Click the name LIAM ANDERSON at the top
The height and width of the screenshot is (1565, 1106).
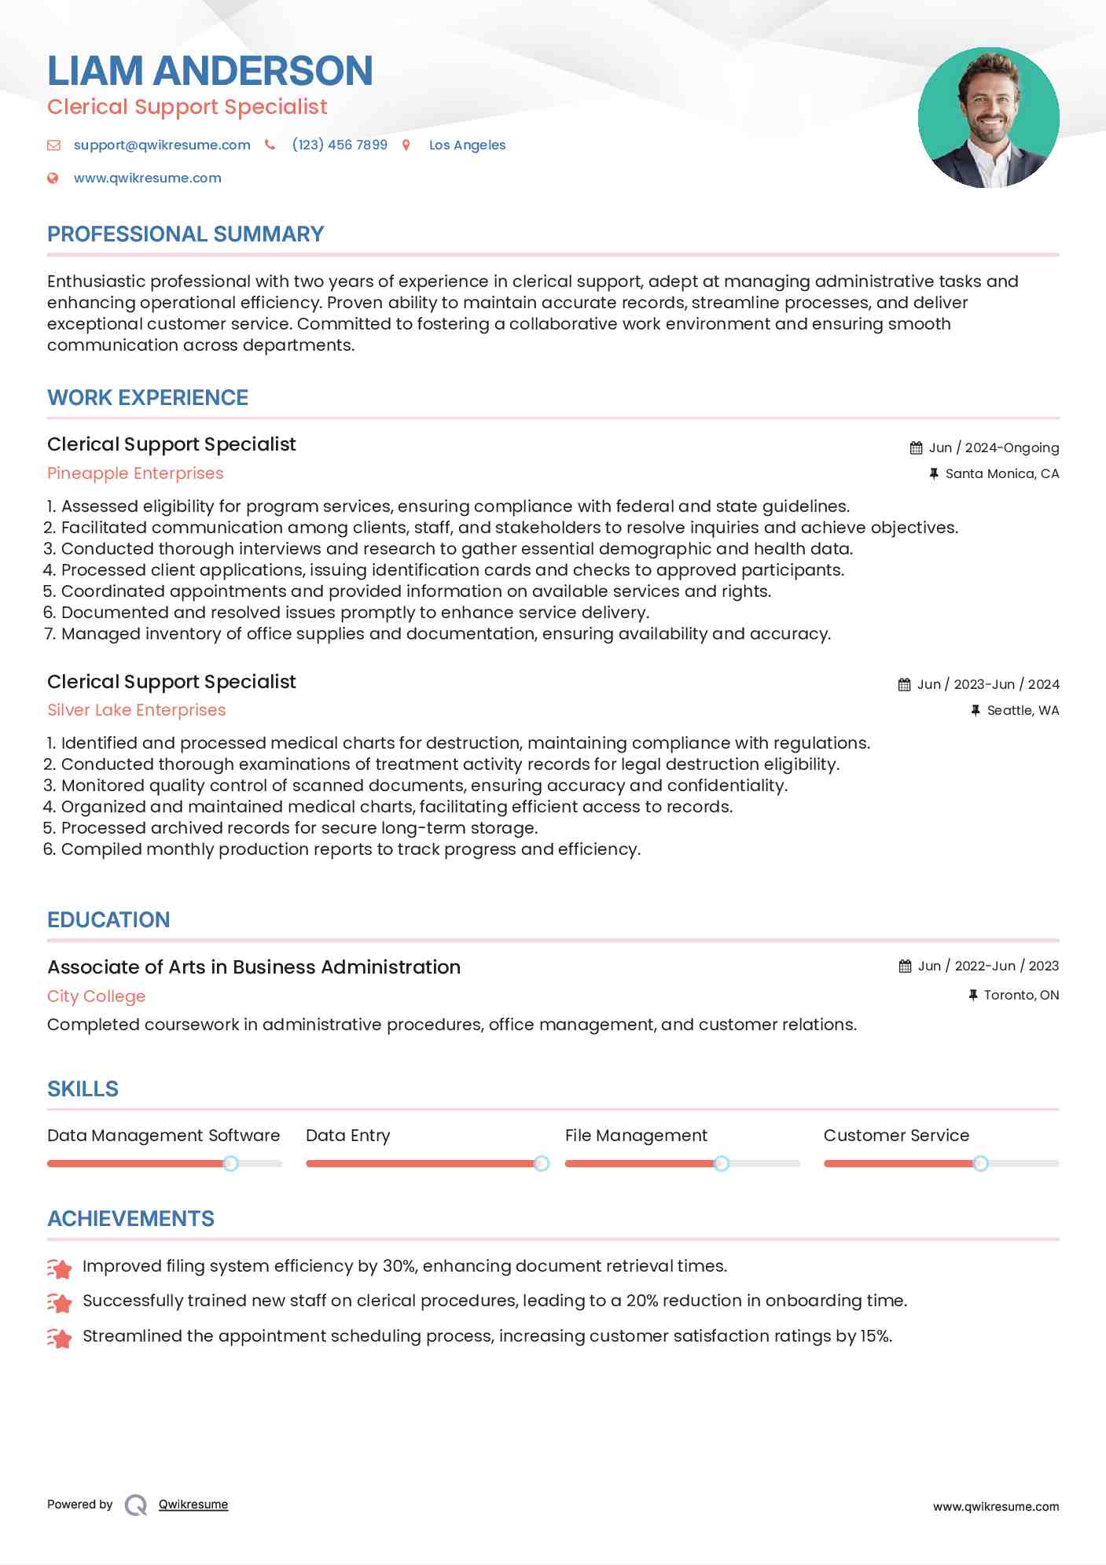[210, 71]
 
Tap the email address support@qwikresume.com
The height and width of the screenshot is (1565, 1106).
[162, 145]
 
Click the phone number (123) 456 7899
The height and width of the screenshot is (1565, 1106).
[340, 145]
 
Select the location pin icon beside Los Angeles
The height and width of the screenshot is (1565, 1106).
[406, 145]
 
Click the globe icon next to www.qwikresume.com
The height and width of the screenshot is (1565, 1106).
[53, 178]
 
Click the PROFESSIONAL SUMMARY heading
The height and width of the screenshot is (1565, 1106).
[186, 234]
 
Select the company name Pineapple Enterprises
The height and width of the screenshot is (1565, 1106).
[135, 473]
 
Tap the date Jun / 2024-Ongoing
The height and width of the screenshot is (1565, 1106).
[994, 447]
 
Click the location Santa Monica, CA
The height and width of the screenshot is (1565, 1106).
[1001, 473]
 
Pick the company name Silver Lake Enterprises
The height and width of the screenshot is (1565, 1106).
[137, 710]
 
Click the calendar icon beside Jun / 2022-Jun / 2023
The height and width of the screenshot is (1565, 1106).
[905, 966]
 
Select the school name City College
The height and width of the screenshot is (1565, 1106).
[97, 996]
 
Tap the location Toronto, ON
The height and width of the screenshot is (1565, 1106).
[1021, 995]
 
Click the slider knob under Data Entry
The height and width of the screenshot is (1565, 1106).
[542, 1163]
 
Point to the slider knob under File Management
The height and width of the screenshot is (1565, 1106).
[722, 1163]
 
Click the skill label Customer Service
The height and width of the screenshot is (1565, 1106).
[896, 1136]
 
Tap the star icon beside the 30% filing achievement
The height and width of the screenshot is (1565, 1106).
[60, 1268]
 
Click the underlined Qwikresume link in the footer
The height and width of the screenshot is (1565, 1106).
[193, 1504]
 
